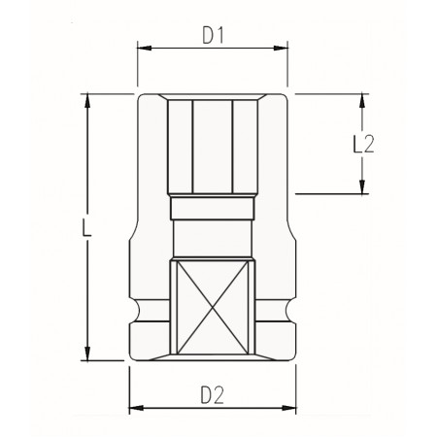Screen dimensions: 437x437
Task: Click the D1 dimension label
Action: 213,35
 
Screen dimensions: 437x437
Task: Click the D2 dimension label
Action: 212,395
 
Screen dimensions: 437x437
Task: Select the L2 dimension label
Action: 363,144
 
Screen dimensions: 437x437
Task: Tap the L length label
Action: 86,227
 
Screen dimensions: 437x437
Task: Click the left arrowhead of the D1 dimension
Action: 145,49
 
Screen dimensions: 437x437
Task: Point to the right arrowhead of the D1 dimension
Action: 281,49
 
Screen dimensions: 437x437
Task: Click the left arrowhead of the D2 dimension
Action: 136,408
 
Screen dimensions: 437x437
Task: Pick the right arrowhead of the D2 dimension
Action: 289,408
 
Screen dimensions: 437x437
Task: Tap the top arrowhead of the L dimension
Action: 87,101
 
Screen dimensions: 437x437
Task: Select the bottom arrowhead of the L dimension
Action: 87,353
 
